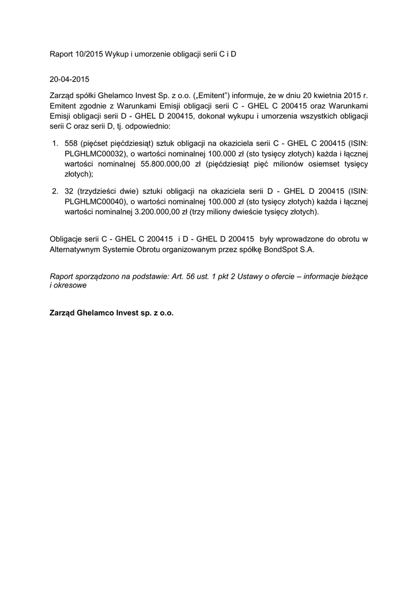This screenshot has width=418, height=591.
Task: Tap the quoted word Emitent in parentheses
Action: click(212, 95)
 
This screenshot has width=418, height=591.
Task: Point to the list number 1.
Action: click(55, 143)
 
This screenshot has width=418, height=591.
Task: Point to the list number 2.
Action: click(55, 191)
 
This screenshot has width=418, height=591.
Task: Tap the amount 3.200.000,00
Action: click(156, 212)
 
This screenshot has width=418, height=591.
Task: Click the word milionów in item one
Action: click(277, 163)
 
